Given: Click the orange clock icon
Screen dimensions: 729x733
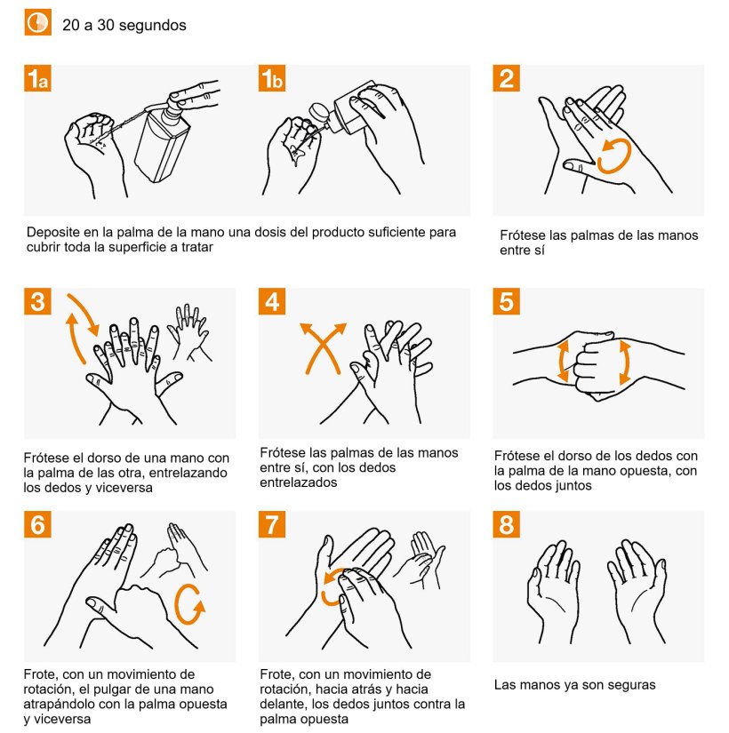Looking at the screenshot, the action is (x=38, y=22).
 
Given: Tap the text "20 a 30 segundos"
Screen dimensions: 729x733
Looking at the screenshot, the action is (x=124, y=25).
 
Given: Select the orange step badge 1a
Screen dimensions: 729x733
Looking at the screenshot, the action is (x=37, y=78).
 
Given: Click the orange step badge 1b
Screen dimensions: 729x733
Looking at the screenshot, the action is (x=272, y=78).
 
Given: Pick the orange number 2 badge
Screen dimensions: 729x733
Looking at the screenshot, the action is (x=506, y=78).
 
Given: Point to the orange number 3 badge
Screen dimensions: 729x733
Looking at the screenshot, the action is (x=37, y=301).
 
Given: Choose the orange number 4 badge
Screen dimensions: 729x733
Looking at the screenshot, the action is (x=272, y=301).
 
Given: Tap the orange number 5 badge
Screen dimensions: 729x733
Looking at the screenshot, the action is (x=506, y=301).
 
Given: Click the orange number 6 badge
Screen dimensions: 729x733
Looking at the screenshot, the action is (x=37, y=524).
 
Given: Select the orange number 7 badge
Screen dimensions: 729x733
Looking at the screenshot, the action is (x=272, y=524).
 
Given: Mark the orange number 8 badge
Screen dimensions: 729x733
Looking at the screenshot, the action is (x=506, y=524).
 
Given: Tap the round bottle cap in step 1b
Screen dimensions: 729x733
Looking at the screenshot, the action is (x=318, y=114).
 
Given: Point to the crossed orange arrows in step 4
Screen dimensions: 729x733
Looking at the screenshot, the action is (x=323, y=348).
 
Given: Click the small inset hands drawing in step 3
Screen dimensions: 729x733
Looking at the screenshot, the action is (x=189, y=333).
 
